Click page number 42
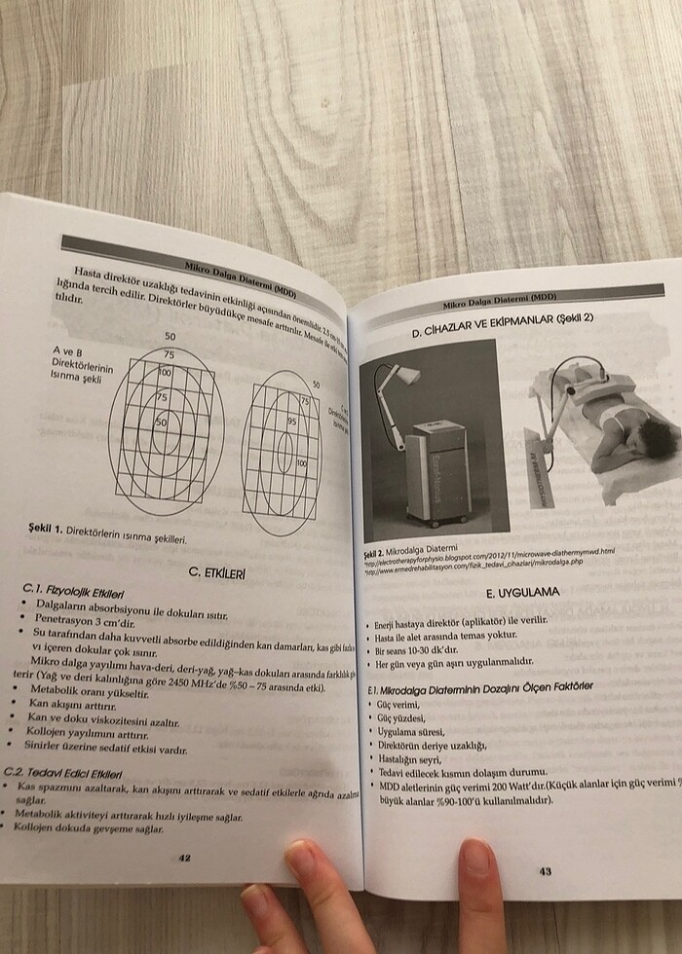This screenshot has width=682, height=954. coord(184,858)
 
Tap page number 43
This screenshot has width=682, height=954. coord(545,871)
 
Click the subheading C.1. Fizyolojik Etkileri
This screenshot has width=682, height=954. coord(73,590)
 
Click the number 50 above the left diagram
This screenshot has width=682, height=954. coord(170,336)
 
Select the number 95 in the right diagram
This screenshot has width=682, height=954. coord(291,422)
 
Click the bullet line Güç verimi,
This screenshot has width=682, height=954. coord(399,703)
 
